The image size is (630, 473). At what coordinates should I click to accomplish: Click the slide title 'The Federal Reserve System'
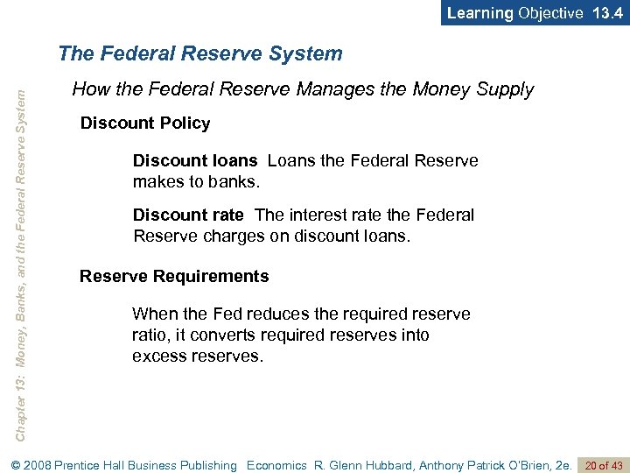pyautogui.click(x=200, y=53)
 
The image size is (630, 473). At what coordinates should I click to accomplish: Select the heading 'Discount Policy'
pyautogui.click(x=145, y=124)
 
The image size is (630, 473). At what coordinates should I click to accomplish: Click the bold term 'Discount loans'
pyautogui.click(x=195, y=161)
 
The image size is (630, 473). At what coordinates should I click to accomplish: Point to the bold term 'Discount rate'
pyautogui.click(x=188, y=215)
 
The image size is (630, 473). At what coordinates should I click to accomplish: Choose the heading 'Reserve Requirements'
pyautogui.click(x=174, y=277)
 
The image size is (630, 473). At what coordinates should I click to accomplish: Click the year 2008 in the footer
pyautogui.click(x=33, y=465)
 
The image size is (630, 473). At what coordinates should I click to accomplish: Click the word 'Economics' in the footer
pyautogui.click(x=277, y=465)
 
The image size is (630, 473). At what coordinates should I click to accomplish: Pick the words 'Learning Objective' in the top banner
pyautogui.click(x=514, y=13)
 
